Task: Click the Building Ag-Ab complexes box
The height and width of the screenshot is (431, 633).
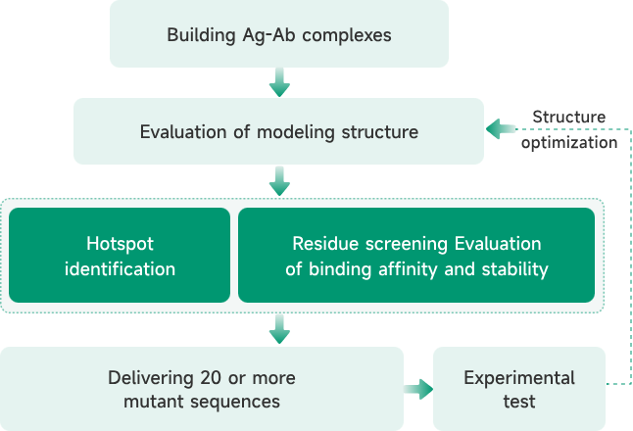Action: coord(279,34)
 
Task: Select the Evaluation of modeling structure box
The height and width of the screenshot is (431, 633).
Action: coord(278,131)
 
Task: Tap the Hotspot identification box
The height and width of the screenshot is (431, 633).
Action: coord(120,255)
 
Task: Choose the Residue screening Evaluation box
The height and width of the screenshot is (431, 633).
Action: coord(416,255)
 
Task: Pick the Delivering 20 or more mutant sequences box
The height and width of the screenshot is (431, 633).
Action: coord(201,389)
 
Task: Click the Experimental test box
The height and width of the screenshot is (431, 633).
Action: coord(519,389)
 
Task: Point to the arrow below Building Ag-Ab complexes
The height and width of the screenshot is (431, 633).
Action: coord(279,81)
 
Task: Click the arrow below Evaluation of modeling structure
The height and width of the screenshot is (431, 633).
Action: coord(279,180)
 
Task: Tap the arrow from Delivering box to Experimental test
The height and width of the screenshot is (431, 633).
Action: coord(418,390)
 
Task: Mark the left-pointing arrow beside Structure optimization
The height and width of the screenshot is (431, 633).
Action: coord(502,128)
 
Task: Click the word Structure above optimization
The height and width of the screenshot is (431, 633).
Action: coord(568,118)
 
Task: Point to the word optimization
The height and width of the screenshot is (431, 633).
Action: coord(568,142)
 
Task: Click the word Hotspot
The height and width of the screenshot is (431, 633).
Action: coord(120,243)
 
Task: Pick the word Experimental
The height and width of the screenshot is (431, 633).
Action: coord(519,377)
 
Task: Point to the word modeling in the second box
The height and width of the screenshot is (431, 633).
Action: coord(288,131)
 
